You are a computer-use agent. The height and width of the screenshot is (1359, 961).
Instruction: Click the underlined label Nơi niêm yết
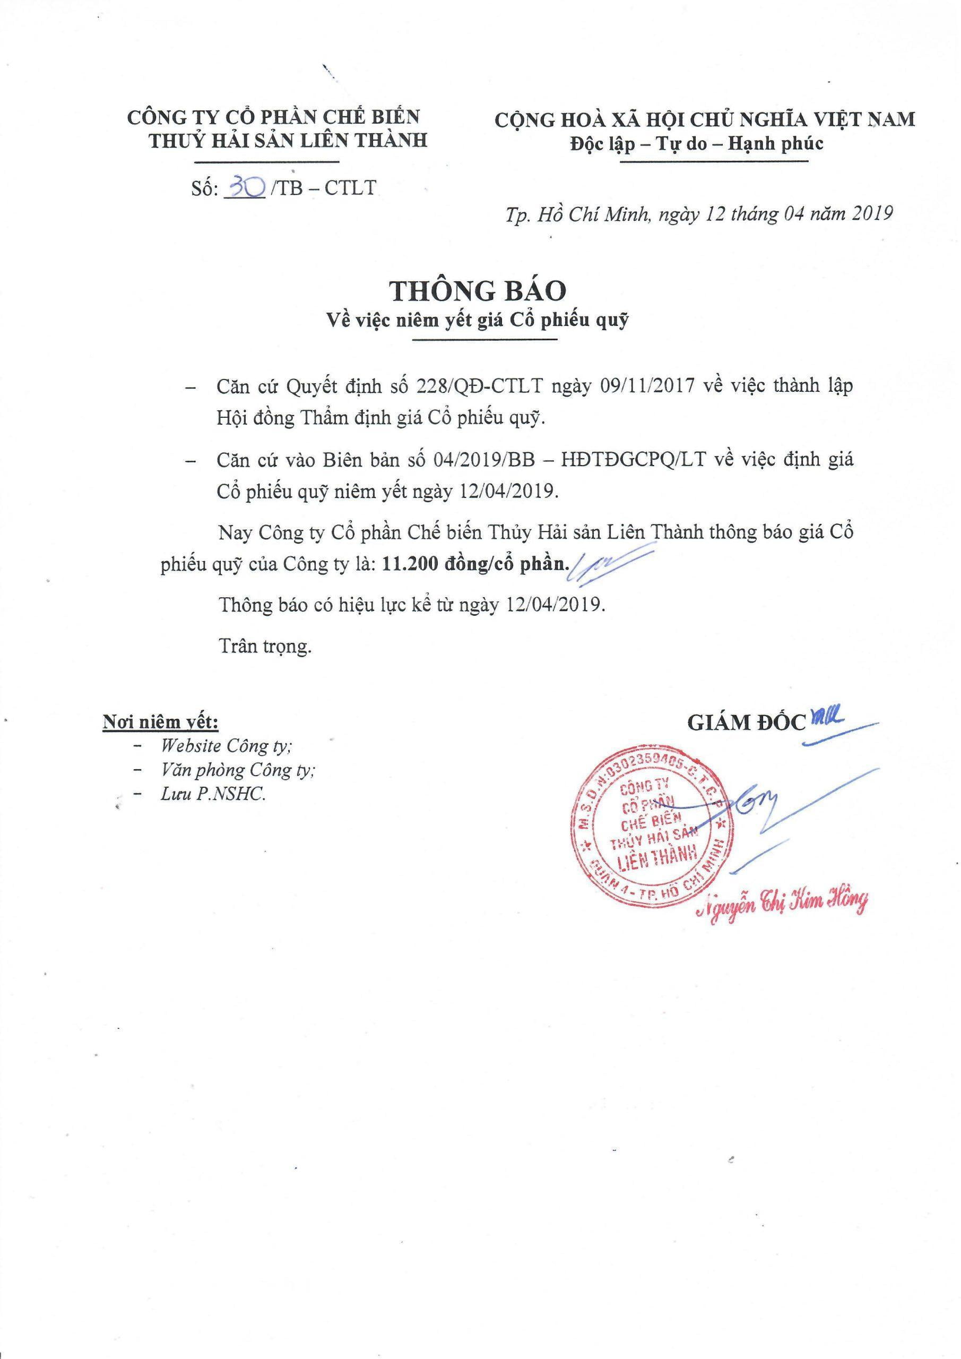tap(160, 722)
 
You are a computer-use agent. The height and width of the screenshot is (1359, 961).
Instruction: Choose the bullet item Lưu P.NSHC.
tap(212, 794)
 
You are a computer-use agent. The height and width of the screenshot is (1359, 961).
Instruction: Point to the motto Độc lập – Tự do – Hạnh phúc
tap(697, 144)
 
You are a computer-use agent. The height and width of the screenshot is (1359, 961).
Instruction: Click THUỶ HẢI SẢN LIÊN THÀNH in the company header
tap(288, 141)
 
